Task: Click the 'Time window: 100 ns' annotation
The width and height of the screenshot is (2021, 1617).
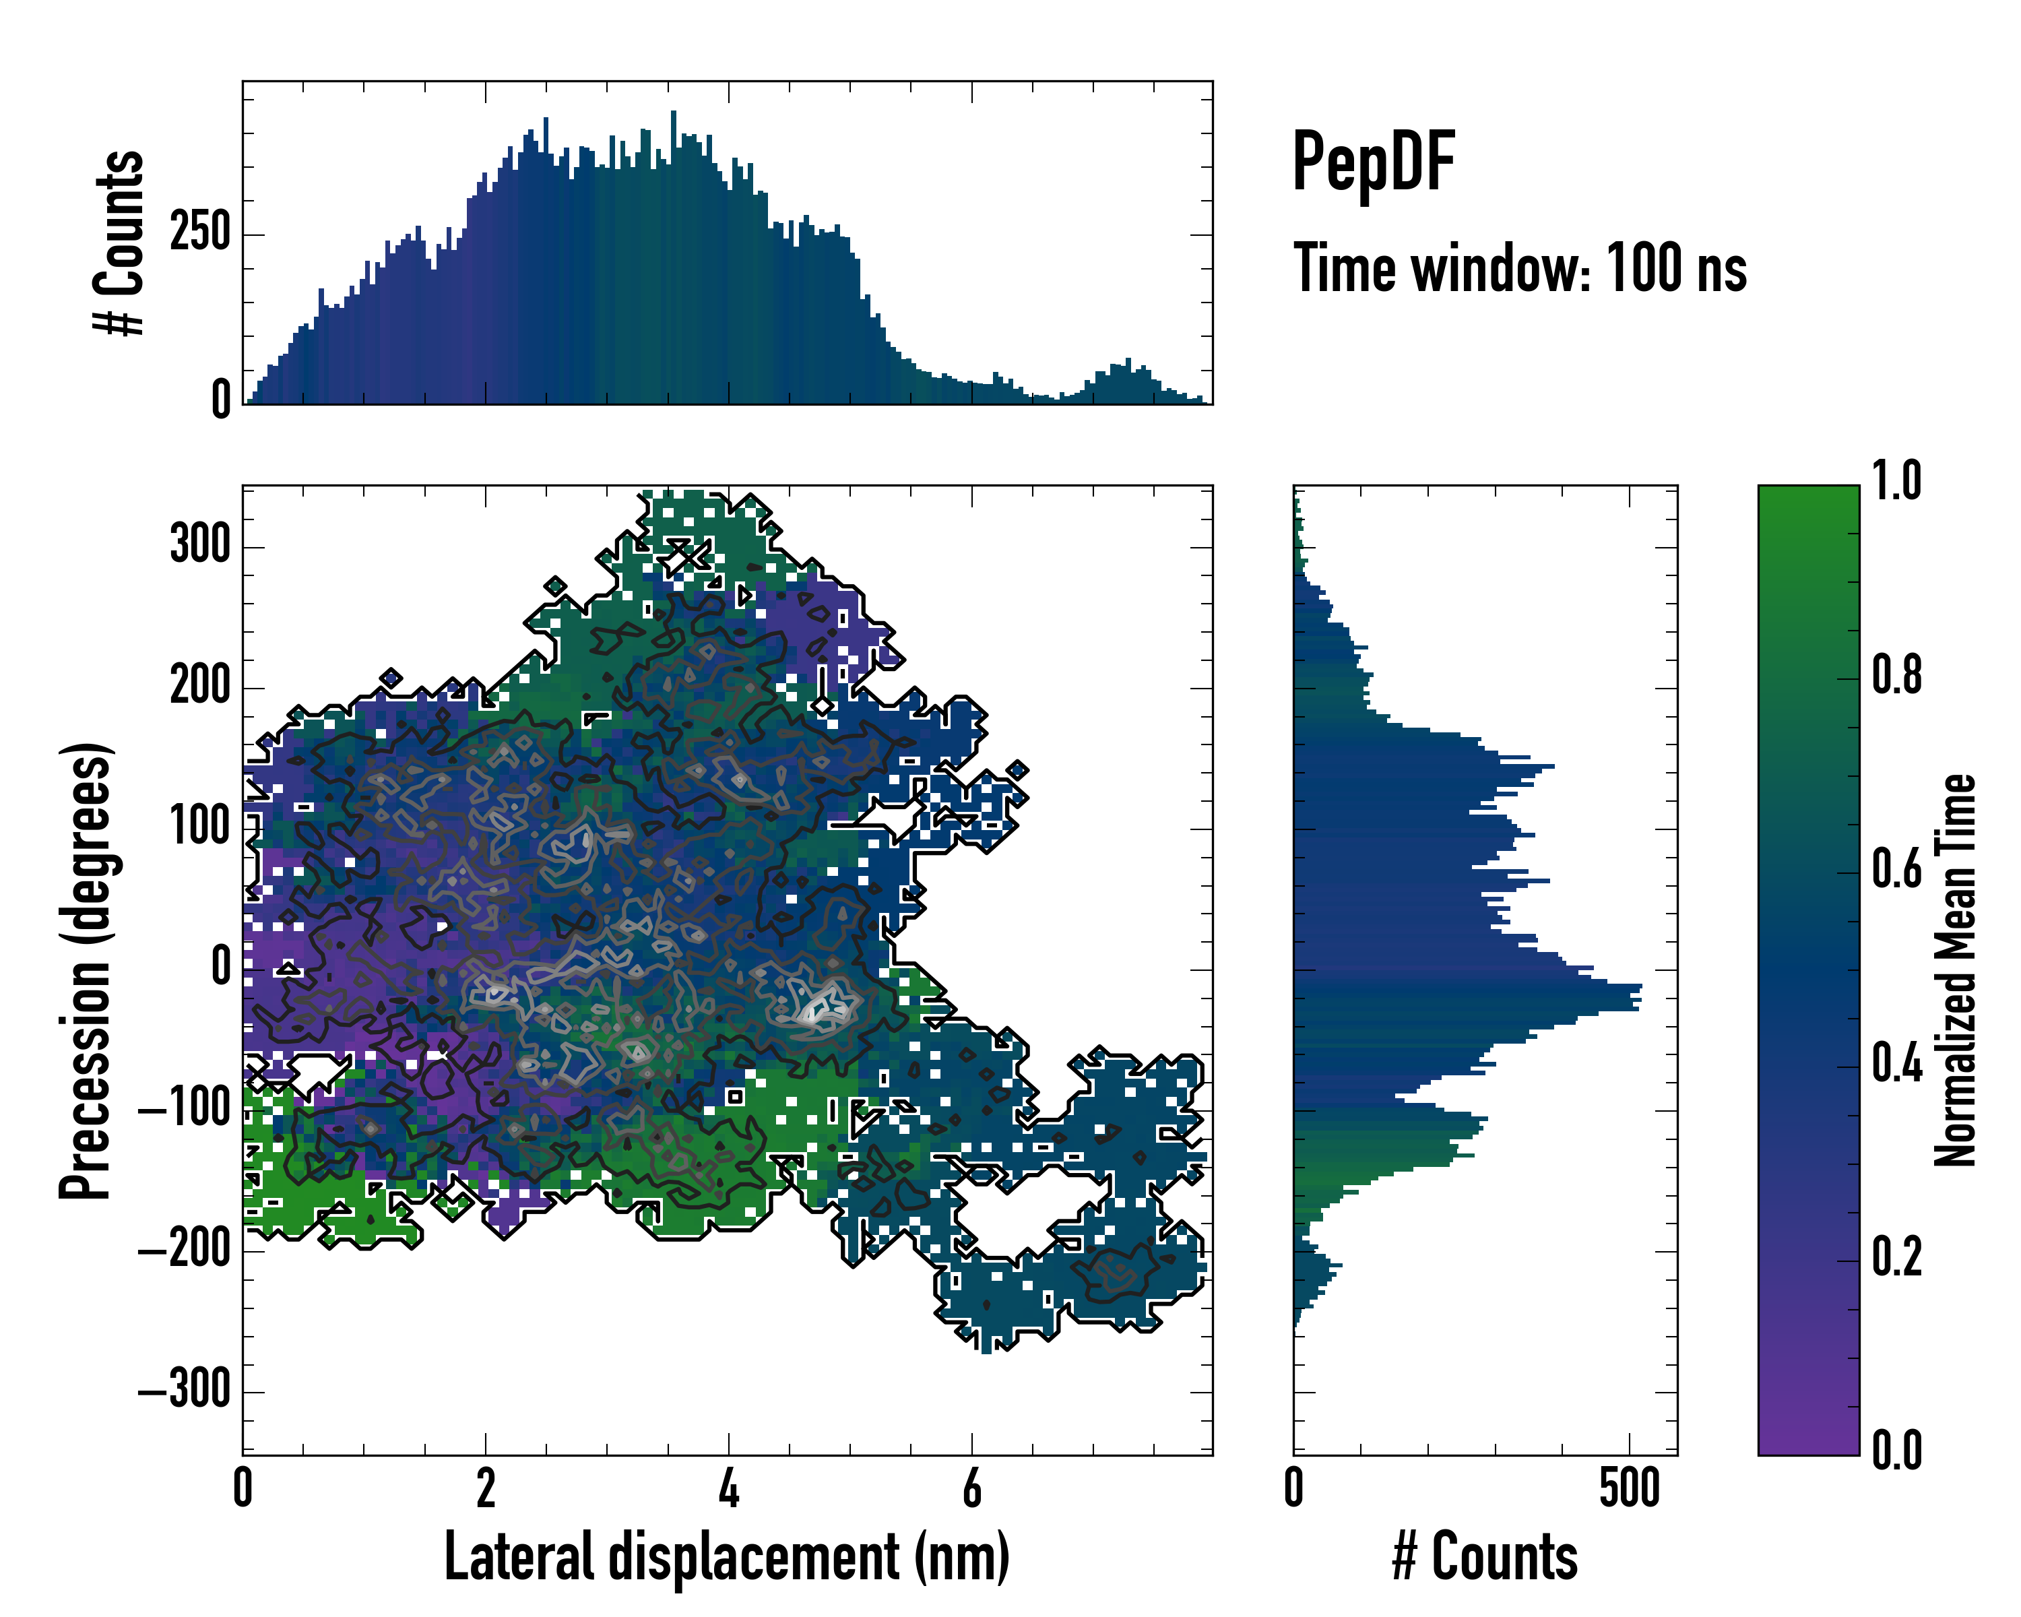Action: coord(1520,269)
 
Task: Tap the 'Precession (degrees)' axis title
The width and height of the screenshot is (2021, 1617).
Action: coord(86,970)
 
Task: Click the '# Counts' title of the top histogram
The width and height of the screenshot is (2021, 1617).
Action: coord(120,243)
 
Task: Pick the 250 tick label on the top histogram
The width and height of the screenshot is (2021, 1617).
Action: coord(199,232)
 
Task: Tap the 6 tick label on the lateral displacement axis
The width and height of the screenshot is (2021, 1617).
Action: coord(972,1488)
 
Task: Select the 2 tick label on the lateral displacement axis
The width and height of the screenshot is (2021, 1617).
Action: coord(486,1488)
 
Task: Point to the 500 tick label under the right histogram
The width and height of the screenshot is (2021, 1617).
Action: coord(1629,1488)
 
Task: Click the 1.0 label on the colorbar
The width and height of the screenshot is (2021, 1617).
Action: coord(1896,481)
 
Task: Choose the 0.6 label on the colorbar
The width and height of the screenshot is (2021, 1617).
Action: coord(1896,869)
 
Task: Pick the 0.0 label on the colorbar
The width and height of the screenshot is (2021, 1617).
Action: coord(1896,1450)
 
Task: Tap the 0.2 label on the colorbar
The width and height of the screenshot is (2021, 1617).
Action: coord(1896,1257)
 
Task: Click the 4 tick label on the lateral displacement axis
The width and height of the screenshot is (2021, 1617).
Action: coord(728,1488)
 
